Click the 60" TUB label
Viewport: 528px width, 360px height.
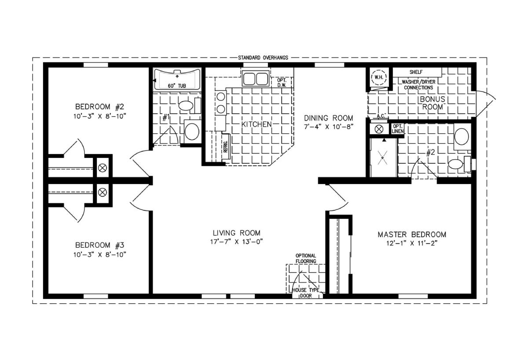point(177,86)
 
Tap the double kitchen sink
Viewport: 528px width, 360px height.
point(256,78)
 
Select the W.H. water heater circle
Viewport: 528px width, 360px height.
point(379,77)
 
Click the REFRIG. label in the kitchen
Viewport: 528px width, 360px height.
point(226,147)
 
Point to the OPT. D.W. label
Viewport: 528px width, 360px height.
point(282,83)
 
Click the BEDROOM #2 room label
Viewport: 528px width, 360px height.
point(99,107)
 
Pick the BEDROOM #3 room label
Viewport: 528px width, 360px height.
point(99,245)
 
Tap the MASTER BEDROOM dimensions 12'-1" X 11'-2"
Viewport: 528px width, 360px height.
point(412,243)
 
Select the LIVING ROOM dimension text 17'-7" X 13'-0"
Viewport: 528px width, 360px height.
point(236,242)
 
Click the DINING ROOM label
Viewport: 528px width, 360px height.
point(328,118)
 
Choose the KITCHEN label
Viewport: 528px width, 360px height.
point(257,124)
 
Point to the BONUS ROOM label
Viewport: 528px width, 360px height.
point(432,103)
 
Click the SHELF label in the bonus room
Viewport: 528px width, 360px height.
point(416,72)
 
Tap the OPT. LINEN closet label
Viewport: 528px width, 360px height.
point(398,129)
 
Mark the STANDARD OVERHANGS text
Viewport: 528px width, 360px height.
point(263,58)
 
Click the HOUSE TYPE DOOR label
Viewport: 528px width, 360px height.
point(306,293)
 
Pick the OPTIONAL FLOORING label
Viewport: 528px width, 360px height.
point(306,258)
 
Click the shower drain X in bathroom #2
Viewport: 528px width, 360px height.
point(382,158)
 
